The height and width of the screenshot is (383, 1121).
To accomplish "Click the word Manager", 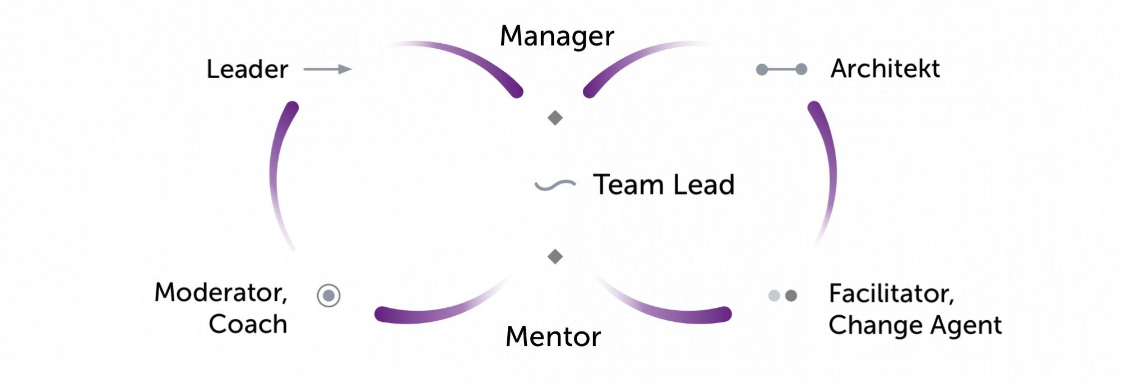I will (x=557, y=36).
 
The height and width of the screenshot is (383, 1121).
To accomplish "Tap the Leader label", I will (x=247, y=70).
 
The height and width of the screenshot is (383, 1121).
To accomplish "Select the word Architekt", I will (x=885, y=69).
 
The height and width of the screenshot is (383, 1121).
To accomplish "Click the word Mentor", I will (x=553, y=337).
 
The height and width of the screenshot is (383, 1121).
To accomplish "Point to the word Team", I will (x=628, y=184).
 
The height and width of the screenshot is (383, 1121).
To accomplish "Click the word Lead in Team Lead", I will (x=704, y=184).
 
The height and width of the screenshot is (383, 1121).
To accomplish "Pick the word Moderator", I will (x=221, y=293).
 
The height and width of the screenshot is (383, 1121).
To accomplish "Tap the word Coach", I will (x=248, y=324).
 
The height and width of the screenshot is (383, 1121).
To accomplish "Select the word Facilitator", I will (x=891, y=293).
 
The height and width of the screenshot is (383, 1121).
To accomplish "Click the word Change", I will (x=875, y=325).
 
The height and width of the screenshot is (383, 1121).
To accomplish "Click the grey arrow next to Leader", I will (x=328, y=70).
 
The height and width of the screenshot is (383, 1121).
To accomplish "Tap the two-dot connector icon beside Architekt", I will (x=781, y=70).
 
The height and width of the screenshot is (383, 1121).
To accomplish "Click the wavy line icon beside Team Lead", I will (x=555, y=185).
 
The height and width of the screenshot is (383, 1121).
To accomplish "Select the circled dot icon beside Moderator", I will (x=328, y=296).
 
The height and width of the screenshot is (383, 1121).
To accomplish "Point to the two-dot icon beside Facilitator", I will (x=782, y=296).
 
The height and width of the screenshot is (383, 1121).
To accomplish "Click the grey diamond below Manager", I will (x=555, y=118).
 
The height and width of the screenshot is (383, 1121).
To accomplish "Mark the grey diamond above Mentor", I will (x=555, y=256).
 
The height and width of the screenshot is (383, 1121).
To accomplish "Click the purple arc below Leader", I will (x=276, y=168).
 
